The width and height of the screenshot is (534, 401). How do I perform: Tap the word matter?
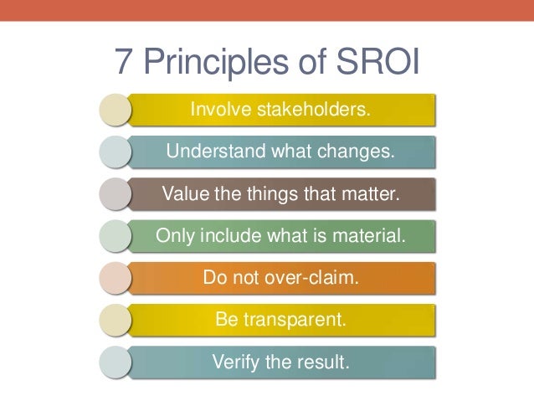(371, 195)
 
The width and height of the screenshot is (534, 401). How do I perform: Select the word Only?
(174, 237)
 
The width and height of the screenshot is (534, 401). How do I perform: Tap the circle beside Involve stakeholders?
(115, 111)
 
